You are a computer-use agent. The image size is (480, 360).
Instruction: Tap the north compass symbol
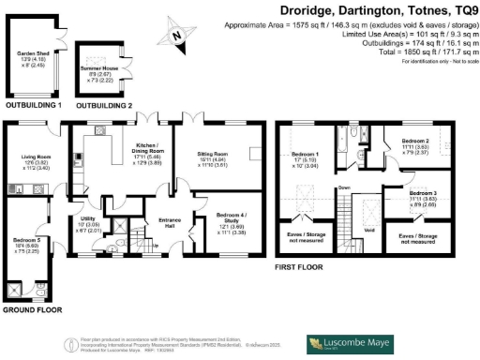[x=176, y=37]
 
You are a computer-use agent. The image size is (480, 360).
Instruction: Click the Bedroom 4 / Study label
[x=231, y=219]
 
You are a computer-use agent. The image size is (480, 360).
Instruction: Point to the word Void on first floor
[x=369, y=228]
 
